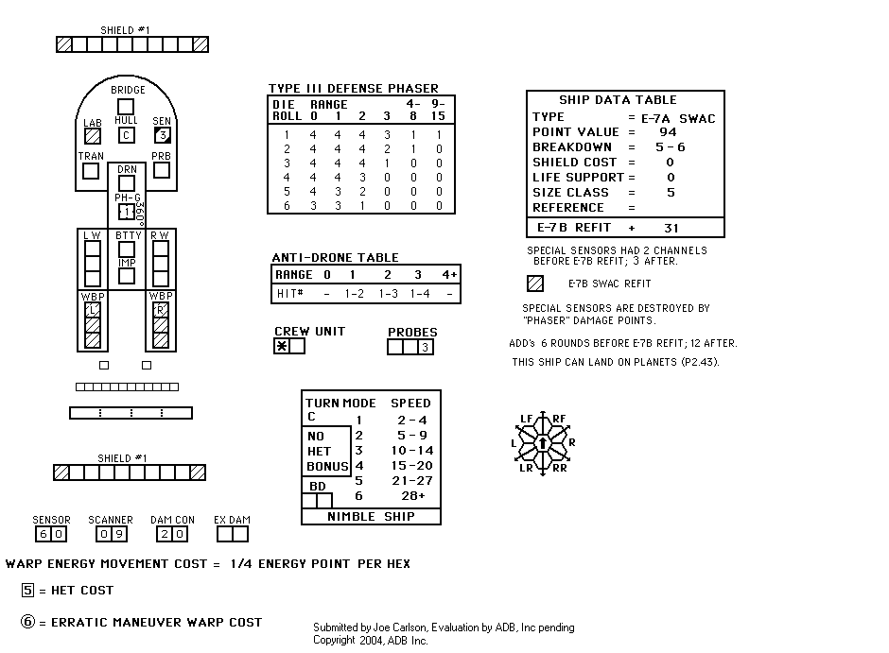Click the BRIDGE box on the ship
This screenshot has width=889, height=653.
point(125,107)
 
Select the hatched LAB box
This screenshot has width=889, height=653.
point(93,136)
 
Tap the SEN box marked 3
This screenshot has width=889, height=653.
point(162,135)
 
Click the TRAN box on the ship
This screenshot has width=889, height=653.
point(91,171)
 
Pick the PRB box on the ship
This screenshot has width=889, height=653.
point(162,170)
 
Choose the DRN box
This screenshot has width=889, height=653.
point(127,183)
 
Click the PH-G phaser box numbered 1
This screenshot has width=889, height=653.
point(127,212)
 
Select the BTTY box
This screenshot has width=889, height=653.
point(127,249)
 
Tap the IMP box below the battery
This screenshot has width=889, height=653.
point(127,276)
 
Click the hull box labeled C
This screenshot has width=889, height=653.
point(127,135)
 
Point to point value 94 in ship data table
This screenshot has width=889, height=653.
point(668,132)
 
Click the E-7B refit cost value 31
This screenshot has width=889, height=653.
point(671,229)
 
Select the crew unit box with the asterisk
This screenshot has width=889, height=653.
point(282,346)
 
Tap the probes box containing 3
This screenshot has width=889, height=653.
point(426,347)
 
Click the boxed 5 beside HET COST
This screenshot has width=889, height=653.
point(27,590)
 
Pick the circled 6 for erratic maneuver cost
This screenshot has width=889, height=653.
point(27,621)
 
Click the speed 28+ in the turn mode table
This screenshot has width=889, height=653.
point(412,496)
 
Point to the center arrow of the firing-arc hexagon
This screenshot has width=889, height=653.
point(543,442)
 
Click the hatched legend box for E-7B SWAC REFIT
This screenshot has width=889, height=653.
point(535,284)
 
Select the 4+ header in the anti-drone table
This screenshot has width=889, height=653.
point(449,275)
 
